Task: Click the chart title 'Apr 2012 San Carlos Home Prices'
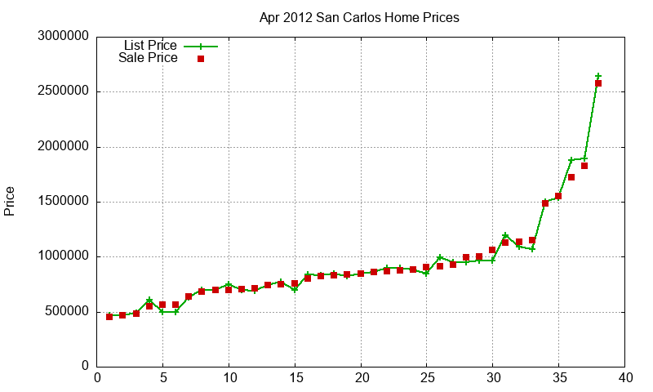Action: [359, 17]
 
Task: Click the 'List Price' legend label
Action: [150, 46]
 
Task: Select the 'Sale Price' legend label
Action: [148, 58]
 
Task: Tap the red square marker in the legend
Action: [201, 59]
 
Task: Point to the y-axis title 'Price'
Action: [10, 201]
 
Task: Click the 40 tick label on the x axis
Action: [624, 377]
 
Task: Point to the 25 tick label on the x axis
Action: [427, 377]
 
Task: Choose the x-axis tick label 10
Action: [229, 377]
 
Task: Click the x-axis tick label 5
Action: [163, 377]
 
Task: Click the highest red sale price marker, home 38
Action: [598, 83]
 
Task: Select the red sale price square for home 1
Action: [109, 316]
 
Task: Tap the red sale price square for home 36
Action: [571, 177]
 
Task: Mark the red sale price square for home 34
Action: [545, 203]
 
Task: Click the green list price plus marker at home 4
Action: [149, 301]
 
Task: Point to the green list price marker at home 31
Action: [505, 236]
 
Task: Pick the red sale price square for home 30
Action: [492, 250]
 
